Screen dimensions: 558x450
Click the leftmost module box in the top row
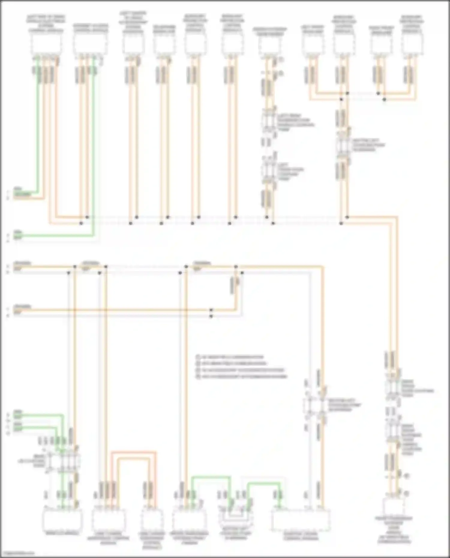point(46,44)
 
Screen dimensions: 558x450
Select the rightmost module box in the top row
point(412,44)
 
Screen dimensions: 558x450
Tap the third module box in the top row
point(133,44)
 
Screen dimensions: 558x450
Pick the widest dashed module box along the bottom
point(301,520)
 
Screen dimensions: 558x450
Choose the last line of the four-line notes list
point(242,376)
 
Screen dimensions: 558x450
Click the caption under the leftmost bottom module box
point(62,533)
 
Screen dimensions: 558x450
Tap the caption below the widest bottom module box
point(301,536)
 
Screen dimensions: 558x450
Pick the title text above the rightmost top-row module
point(412,24)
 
